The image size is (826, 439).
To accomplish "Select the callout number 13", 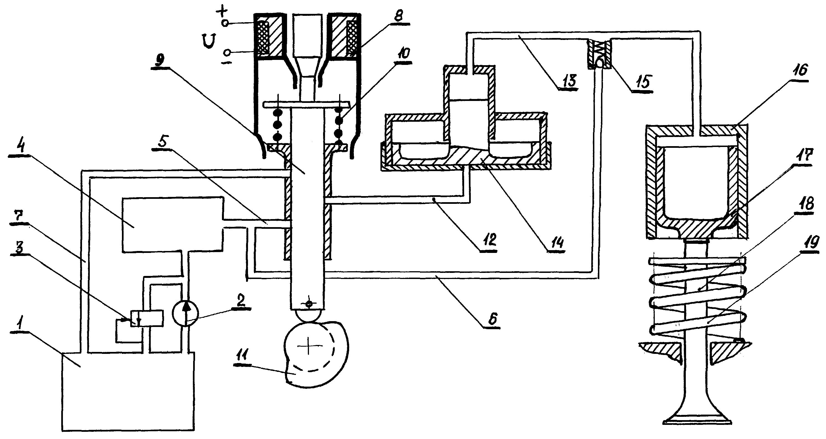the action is pos(567,80).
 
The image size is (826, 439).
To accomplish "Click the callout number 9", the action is pos(160,59).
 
